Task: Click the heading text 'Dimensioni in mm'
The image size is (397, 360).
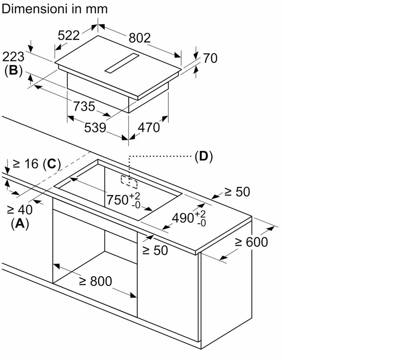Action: pyautogui.click(x=55, y=8)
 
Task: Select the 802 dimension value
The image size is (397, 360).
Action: pyautogui.click(x=140, y=38)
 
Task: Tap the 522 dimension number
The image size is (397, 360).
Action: pyautogui.click(x=69, y=35)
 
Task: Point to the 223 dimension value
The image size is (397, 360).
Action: pyautogui.click(x=13, y=56)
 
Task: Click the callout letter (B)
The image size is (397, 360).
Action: pyautogui.click(x=13, y=71)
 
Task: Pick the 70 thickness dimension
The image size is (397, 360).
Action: pyautogui.click(x=210, y=58)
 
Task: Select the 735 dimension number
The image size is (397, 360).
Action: pyautogui.click(x=84, y=106)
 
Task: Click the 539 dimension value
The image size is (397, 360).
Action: pyautogui.click(x=95, y=128)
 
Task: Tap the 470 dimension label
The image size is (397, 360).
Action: pyautogui.click(x=148, y=128)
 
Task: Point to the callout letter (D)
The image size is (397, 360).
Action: pyautogui.click(x=204, y=156)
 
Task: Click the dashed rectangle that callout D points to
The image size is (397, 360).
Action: pyautogui.click(x=130, y=182)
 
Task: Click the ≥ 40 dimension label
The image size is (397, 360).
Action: pyautogui.click(x=20, y=209)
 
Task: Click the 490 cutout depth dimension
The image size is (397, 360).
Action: pyautogui.click(x=189, y=218)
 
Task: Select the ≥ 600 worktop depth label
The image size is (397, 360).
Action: pyautogui.click(x=251, y=242)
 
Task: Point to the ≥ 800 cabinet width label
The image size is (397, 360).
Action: pyautogui.click(x=95, y=281)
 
